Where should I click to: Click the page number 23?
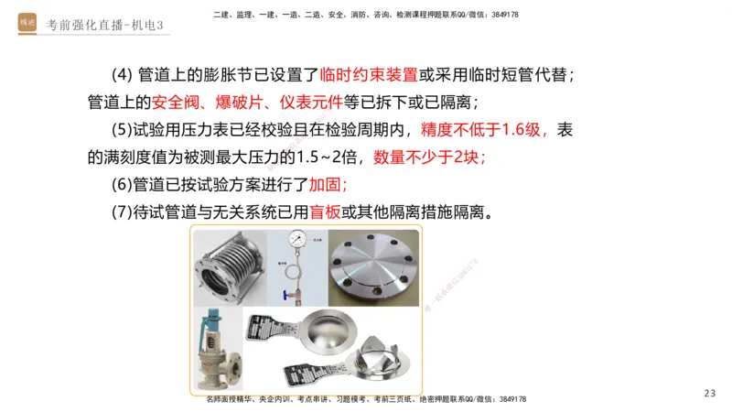click(710, 393)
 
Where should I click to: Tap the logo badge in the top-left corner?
click(27, 23)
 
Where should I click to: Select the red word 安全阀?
click(179, 102)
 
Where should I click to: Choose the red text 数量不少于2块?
click(430, 157)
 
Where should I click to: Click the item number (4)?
click(121, 74)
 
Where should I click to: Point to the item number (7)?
click(121, 211)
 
